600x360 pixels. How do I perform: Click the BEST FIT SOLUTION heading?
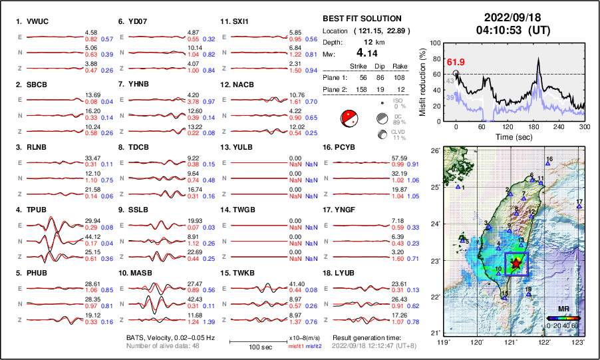click(362, 19)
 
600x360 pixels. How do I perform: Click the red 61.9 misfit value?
click(456, 63)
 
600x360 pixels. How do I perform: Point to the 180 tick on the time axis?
click(533, 126)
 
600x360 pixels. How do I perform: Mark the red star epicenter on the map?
click(516, 264)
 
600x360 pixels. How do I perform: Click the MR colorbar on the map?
click(563, 319)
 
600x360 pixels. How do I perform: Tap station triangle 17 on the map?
click(579, 207)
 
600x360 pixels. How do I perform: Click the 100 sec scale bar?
click(258, 341)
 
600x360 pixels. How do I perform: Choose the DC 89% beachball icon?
click(382, 119)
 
